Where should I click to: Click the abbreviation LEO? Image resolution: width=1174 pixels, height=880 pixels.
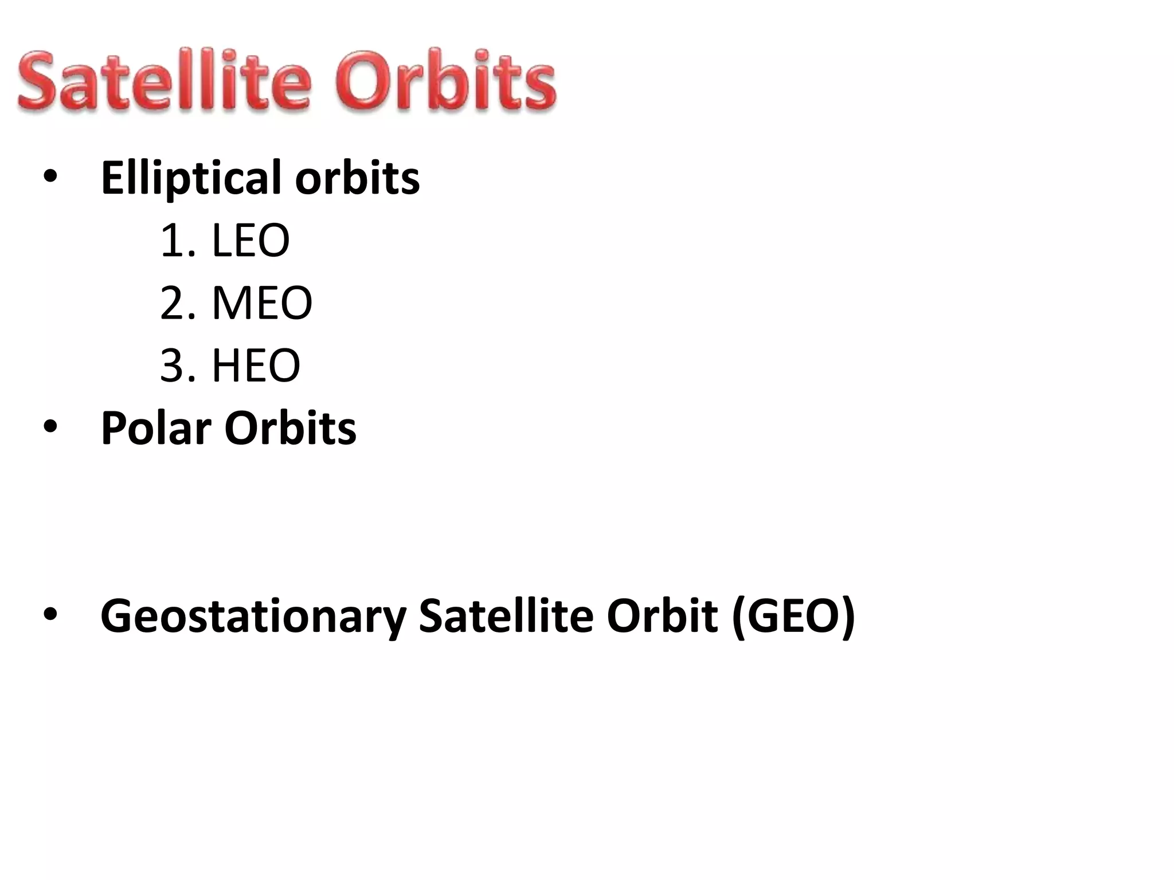(x=251, y=241)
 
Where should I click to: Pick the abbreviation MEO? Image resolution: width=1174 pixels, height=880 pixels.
(x=262, y=304)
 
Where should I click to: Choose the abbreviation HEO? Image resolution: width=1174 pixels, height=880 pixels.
(x=256, y=366)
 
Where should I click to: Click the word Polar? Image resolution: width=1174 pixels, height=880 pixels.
(x=156, y=429)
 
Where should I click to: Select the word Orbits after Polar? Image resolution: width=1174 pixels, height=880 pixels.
(x=290, y=429)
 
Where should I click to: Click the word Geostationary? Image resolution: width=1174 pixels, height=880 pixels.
(x=253, y=616)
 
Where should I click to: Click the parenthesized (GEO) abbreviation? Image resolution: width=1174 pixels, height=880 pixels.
(x=793, y=616)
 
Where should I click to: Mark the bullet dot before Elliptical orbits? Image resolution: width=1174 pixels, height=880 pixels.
(x=50, y=178)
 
